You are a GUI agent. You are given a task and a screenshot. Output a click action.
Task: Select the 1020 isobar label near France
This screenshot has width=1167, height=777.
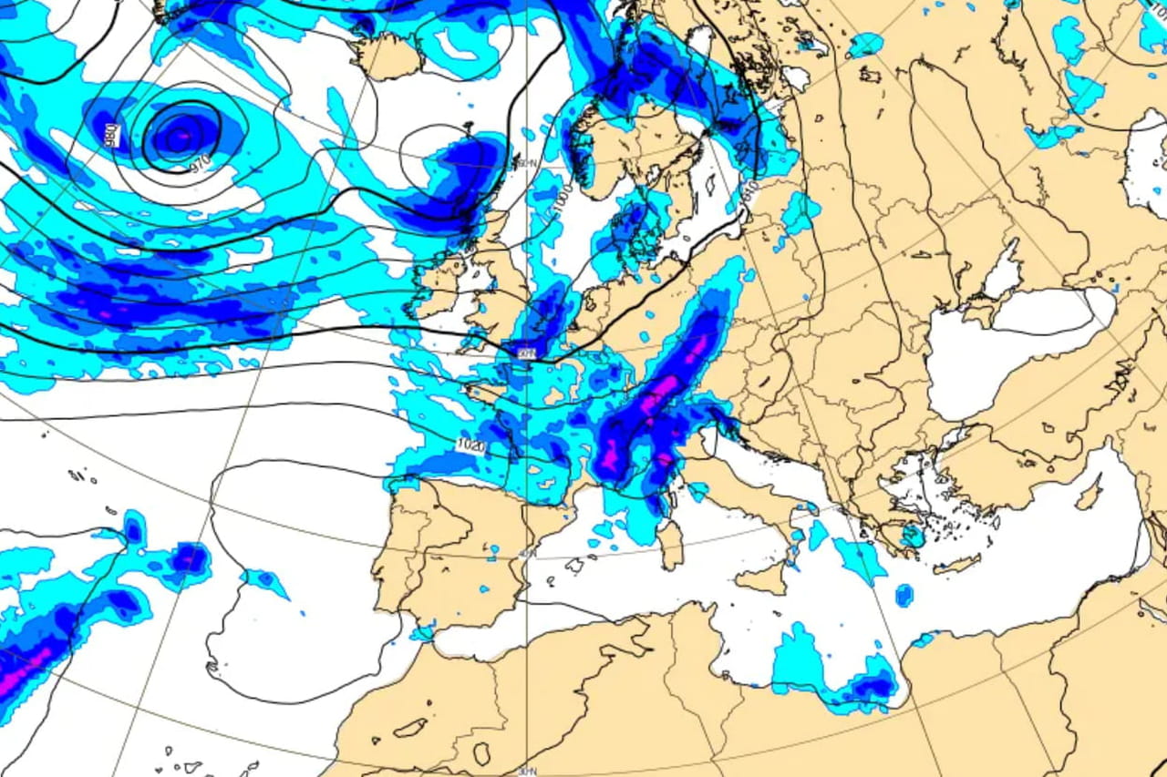tap(470, 445)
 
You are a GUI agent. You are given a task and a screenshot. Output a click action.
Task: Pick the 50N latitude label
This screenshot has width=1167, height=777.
tap(526, 352)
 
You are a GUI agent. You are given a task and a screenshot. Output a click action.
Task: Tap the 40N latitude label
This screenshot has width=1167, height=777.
tap(526, 553)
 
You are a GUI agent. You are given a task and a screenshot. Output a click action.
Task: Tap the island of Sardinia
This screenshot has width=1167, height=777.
tap(670, 545)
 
